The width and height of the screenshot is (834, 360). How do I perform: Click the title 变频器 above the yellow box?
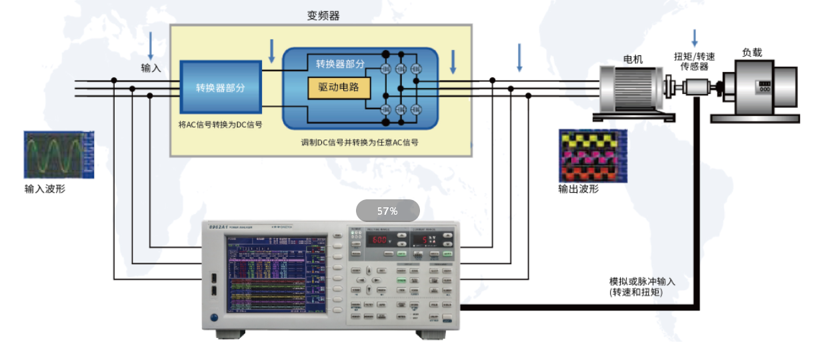click(323, 16)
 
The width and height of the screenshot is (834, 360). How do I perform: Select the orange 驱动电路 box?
click(339, 87)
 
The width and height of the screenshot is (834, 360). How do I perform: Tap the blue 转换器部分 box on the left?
click(220, 87)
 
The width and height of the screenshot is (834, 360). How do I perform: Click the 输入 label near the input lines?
click(151, 68)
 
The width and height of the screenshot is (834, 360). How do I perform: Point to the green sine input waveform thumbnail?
click(59, 155)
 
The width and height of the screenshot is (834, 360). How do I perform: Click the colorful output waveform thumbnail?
click(593, 155)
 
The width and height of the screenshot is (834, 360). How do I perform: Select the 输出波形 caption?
click(579, 189)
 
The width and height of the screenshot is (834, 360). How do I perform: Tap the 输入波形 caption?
click(45, 189)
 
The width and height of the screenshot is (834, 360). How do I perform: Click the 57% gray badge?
click(387, 211)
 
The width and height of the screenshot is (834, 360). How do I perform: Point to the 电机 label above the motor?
click(633, 59)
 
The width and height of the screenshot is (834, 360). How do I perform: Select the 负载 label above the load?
click(752, 53)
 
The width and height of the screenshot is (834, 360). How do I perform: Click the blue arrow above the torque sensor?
click(695, 37)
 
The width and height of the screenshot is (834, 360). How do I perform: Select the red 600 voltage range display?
click(381, 240)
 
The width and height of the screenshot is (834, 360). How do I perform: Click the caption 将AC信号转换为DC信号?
click(220, 125)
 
